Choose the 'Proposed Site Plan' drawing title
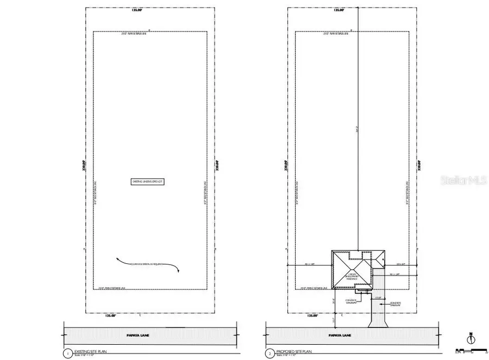(289, 352)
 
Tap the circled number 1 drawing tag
(67, 353)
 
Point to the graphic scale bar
(466, 350)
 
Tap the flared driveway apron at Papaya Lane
(378, 323)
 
